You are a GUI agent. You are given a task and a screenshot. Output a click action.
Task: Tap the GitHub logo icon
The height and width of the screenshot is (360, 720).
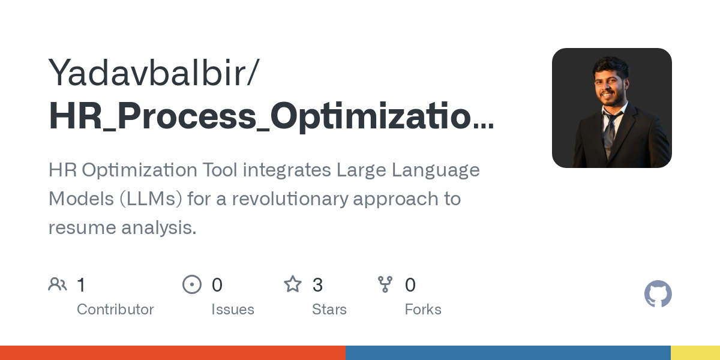(x=658, y=294)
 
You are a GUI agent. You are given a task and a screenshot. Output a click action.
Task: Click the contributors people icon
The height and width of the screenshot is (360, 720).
(x=58, y=284)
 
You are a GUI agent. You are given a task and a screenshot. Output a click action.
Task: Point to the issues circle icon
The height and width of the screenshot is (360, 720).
(x=192, y=284)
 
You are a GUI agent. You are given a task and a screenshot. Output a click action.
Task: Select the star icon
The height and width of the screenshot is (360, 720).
(x=293, y=284)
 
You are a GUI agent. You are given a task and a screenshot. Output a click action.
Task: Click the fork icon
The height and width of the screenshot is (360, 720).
(x=385, y=284)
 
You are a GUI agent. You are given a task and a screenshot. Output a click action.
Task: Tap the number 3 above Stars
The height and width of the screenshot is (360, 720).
(x=317, y=285)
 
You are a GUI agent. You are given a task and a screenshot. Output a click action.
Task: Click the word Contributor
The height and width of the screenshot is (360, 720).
(x=115, y=310)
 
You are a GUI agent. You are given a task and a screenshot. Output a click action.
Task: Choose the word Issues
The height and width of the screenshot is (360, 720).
(x=233, y=310)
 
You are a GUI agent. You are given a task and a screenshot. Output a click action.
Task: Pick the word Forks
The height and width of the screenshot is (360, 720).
(x=423, y=310)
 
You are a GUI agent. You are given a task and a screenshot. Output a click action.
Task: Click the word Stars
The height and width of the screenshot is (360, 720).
(x=329, y=310)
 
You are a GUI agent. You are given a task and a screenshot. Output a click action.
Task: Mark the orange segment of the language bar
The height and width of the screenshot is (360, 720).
(x=173, y=353)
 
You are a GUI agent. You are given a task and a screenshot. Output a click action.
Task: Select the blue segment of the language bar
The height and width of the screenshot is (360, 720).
(x=508, y=353)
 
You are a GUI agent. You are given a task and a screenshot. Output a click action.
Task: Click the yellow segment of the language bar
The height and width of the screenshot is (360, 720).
(x=695, y=353)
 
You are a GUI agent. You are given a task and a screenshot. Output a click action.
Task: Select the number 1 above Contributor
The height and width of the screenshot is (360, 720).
(x=82, y=285)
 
